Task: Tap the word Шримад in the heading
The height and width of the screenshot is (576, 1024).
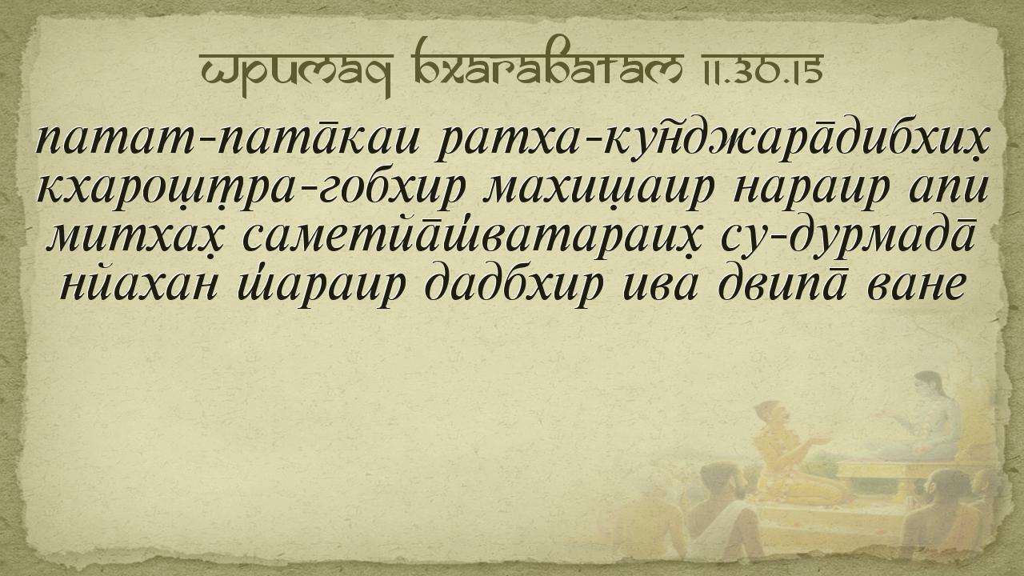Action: [295, 73]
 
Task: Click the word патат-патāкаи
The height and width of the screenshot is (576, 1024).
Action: [226, 138]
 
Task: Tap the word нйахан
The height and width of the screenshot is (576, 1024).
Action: [139, 287]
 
